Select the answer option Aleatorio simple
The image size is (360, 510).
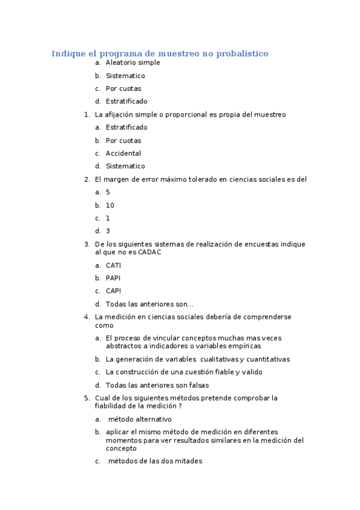pos(133,63)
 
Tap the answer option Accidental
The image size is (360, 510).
pos(123,153)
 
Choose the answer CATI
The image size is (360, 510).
pos(113,265)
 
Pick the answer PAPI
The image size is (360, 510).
pos(113,278)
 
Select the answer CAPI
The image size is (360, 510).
pos(113,291)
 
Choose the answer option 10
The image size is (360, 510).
pos(110,205)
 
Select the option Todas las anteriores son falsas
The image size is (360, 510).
pos(157,385)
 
